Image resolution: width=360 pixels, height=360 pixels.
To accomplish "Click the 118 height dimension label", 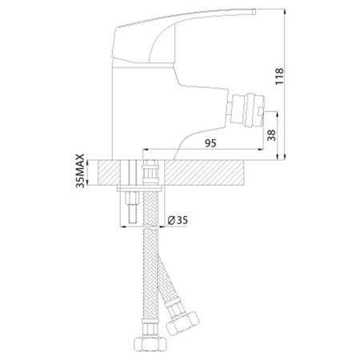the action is coord(279,77).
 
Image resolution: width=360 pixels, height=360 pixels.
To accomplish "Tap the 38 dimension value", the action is coord(272,135).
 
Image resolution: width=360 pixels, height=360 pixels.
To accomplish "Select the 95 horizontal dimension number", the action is coord(210,143).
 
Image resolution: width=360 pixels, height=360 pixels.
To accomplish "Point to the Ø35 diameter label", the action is coord(178,220).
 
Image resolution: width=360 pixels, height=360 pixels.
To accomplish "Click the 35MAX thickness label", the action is coord(80,171).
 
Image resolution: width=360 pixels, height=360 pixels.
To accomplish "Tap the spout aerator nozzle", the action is coord(246,110).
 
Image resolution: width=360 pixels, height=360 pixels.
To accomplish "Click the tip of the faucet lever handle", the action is coord(254,11).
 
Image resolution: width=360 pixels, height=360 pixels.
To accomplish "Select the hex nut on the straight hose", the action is coord(150,344).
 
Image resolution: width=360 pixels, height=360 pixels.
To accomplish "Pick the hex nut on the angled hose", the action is coord(182,322).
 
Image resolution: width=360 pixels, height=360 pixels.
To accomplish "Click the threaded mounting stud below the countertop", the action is coord(133,207).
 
